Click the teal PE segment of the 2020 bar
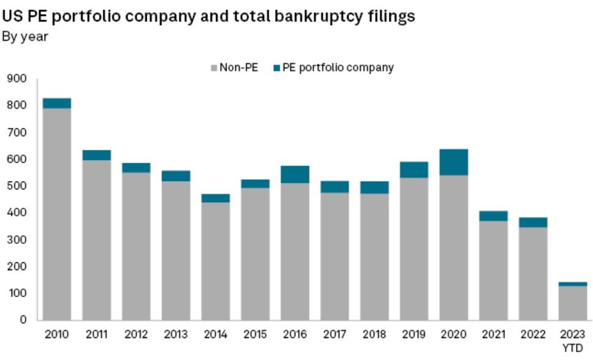click(x=454, y=162)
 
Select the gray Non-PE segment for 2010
click(x=57, y=214)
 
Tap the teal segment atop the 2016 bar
click(x=295, y=174)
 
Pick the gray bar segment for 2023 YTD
click(x=572, y=303)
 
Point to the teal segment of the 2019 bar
click(x=414, y=169)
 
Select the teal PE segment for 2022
click(x=532, y=222)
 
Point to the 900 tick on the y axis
click(x=17, y=79)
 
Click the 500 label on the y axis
click(x=17, y=186)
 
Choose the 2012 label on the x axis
click(x=136, y=334)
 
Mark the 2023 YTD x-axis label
click(x=572, y=340)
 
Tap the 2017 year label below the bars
click(x=334, y=334)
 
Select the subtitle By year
click(x=25, y=37)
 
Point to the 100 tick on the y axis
click(x=17, y=293)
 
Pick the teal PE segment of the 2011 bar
click(x=97, y=155)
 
